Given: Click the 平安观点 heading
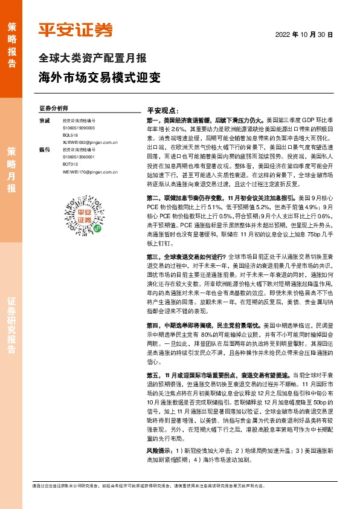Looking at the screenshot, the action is coord(163,112).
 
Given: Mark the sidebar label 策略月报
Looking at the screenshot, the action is coord(11,169).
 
